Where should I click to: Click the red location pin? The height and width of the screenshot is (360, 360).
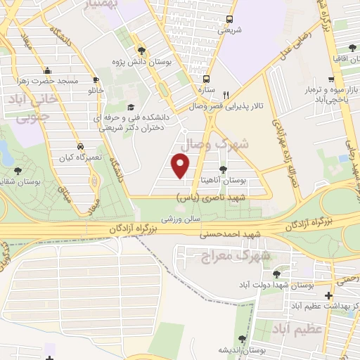click(181, 165)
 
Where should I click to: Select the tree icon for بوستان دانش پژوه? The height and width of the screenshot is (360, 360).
click(142, 50)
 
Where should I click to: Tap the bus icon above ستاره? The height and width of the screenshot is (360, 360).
click(207, 79)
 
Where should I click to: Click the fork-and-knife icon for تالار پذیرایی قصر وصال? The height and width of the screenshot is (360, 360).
click(226, 95)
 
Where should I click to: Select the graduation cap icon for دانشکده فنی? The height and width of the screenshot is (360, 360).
click(131, 108)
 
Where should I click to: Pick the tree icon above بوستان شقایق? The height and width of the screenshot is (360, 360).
click(18, 169)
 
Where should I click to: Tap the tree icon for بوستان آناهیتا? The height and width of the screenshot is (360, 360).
click(223, 169)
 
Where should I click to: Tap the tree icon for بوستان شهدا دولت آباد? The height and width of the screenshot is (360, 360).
click(274, 275)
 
